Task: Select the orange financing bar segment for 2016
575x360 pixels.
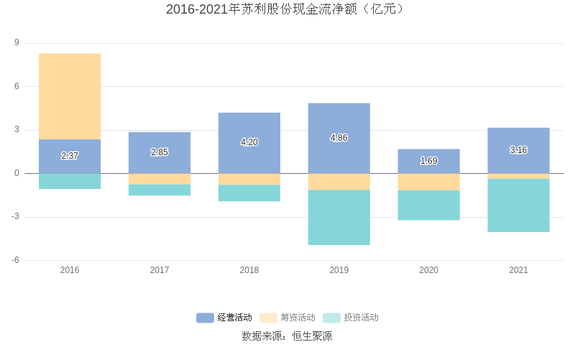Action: [70, 96]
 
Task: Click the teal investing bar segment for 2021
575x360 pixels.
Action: [518, 206]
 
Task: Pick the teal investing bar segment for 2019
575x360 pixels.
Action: [339, 217]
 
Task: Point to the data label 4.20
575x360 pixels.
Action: [249, 142]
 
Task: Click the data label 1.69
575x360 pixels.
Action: [428, 161]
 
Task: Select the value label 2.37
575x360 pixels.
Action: [70, 156]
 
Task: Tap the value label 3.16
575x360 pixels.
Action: [518, 150]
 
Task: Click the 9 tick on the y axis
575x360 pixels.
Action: [16, 43]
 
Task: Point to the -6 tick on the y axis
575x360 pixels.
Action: [14, 260]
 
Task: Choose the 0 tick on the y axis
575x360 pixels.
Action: [16, 173]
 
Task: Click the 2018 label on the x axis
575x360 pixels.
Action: [249, 270]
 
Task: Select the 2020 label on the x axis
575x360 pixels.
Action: [428, 270]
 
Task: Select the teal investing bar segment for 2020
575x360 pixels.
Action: [428, 205]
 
